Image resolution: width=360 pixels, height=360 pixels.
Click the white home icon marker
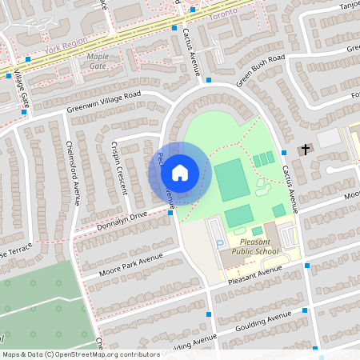[x=179, y=172]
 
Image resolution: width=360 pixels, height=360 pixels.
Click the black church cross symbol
[x=304, y=150]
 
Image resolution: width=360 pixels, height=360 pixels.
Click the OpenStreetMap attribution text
[x=80, y=354]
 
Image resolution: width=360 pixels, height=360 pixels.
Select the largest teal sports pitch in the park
[x=230, y=180]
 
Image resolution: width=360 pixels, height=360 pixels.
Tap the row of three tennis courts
[x=262, y=160]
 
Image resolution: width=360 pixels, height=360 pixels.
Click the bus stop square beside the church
[x=284, y=152]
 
